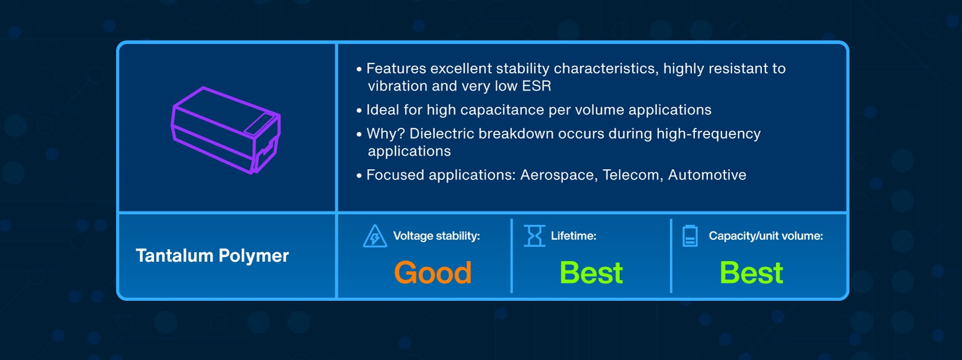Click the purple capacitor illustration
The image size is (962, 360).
click(x=226, y=130)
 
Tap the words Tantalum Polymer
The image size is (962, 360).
click(x=212, y=256)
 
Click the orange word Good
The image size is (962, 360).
click(x=433, y=272)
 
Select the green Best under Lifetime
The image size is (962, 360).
click(x=591, y=272)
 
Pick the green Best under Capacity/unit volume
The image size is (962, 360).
click(x=752, y=272)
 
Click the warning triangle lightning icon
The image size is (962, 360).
click(x=375, y=236)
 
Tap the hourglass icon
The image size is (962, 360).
click(x=534, y=236)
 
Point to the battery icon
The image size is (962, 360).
click(x=690, y=236)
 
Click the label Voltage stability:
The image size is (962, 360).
click(x=436, y=236)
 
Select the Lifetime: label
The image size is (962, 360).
click(x=574, y=236)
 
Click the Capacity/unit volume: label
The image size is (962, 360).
click(x=765, y=236)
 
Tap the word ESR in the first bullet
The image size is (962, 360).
click(x=536, y=86)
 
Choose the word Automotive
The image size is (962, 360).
click(x=707, y=175)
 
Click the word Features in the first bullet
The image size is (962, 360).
click(x=396, y=68)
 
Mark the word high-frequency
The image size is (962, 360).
click(x=709, y=134)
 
